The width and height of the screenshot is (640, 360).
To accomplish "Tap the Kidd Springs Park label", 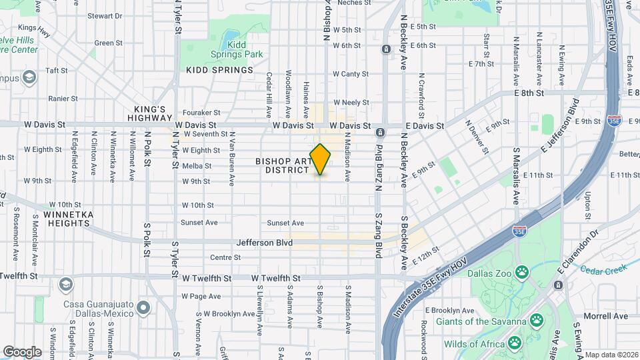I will point(245,49).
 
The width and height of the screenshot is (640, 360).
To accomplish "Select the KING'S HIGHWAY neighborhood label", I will point(149,113).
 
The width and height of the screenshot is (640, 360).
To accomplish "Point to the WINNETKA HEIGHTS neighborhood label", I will point(67,219).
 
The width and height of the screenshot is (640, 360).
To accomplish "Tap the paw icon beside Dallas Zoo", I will point(522,271).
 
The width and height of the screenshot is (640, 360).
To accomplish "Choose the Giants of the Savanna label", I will point(481,321).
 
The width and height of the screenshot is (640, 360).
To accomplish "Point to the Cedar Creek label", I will point(602,269).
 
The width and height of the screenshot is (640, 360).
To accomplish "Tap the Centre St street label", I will point(225,257).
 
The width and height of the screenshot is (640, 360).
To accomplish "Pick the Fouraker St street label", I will point(201,113).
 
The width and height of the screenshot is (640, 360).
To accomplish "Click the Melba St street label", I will point(197,166).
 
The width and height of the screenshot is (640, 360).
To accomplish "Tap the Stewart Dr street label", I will point(105,15).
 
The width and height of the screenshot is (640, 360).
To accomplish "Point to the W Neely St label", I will point(351,102).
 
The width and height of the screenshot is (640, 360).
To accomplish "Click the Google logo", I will point(23,352).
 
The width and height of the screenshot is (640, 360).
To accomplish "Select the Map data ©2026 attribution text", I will point(612,355).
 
